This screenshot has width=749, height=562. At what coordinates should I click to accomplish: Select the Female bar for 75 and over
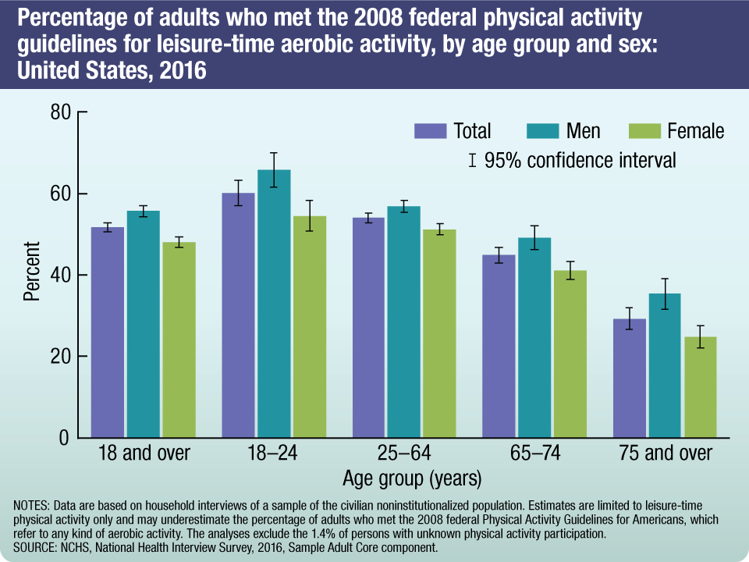pyautogui.click(x=700, y=386)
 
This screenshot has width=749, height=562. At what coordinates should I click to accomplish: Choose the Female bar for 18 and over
pyautogui.click(x=179, y=339)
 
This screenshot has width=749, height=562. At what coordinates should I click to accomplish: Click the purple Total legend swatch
pyautogui.click(x=430, y=131)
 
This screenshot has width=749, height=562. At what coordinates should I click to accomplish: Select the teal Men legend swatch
pyautogui.click(x=541, y=131)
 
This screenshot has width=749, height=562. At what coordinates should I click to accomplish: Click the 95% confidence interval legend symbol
pyautogui.click(x=472, y=161)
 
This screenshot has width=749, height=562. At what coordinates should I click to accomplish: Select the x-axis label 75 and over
pyautogui.click(x=666, y=454)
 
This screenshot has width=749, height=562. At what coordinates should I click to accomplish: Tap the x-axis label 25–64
pyautogui.click(x=404, y=454)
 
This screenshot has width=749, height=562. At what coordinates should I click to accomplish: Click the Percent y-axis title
pyautogui.click(x=31, y=272)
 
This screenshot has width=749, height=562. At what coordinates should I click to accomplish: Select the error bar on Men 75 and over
pyautogui.click(x=664, y=293)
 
